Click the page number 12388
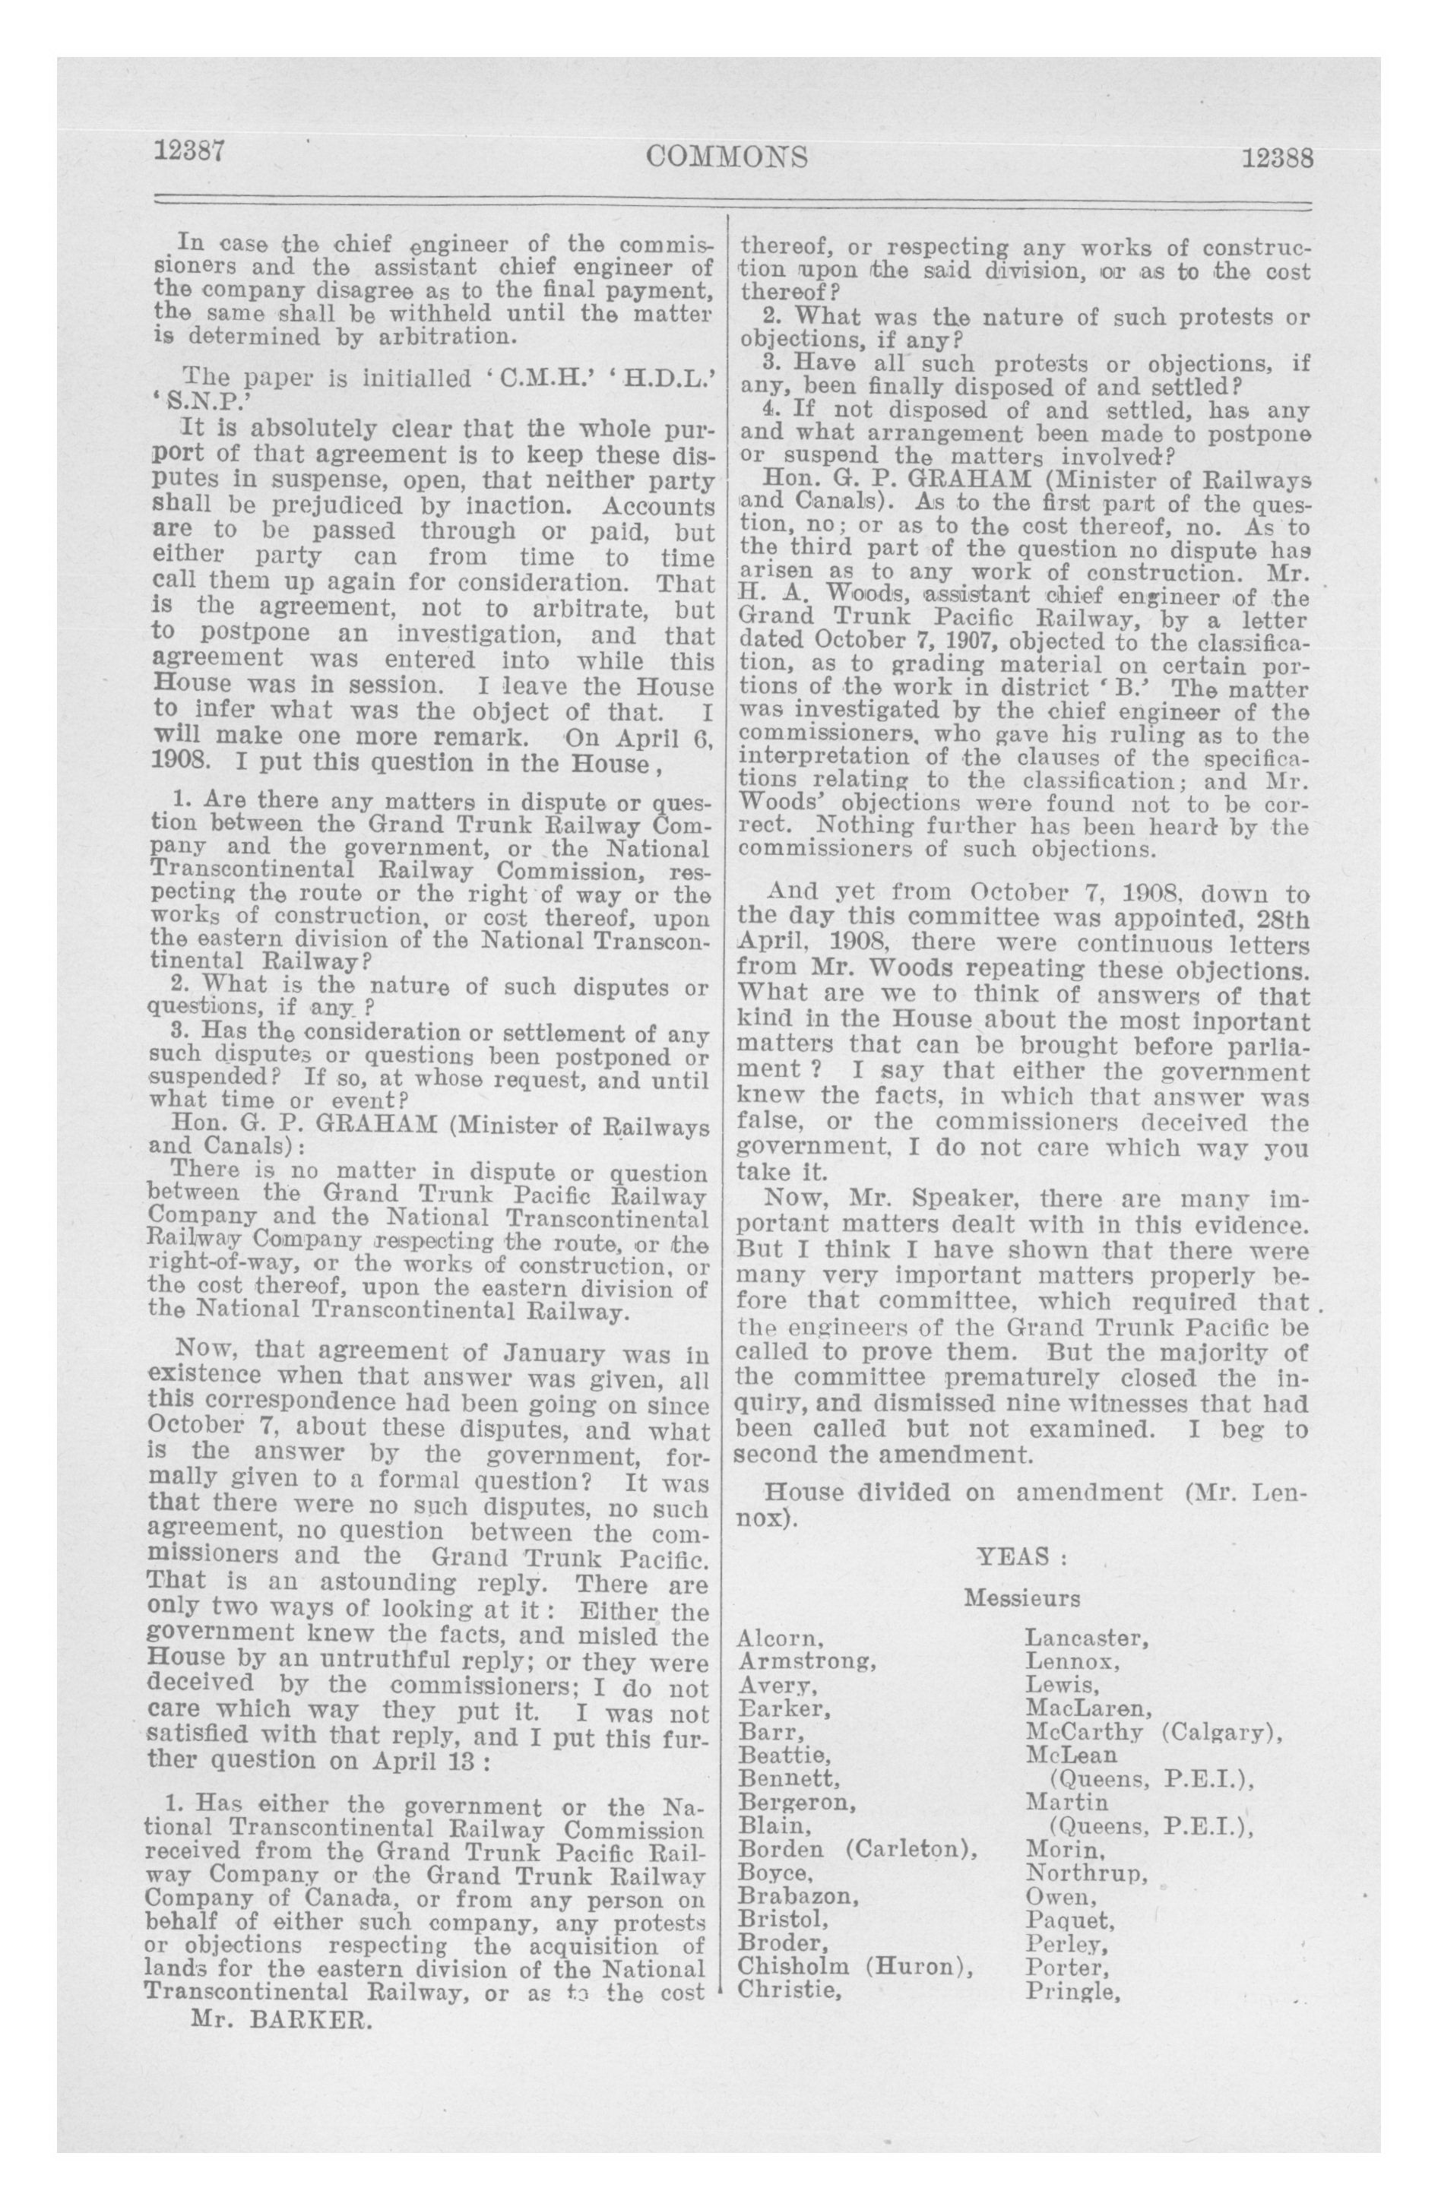tap(1278, 158)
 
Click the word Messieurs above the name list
tap(1021, 1599)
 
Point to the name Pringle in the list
tap(1069, 1990)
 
